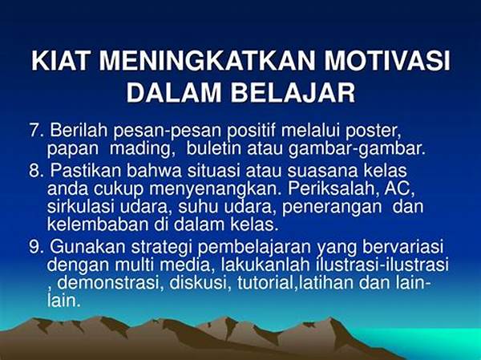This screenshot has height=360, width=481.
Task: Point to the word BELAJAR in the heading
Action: click(293, 92)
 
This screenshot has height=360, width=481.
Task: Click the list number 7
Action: click(37, 130)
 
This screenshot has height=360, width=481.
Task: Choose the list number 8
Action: click(37, 171)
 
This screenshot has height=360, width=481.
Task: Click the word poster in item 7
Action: click(374, 131)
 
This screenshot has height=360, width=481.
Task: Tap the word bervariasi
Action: click(402, 247)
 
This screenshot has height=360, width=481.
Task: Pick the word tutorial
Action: click(265, 283)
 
